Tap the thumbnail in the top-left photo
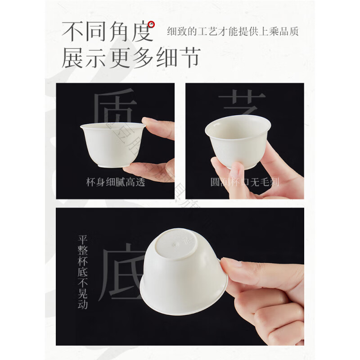151,121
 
